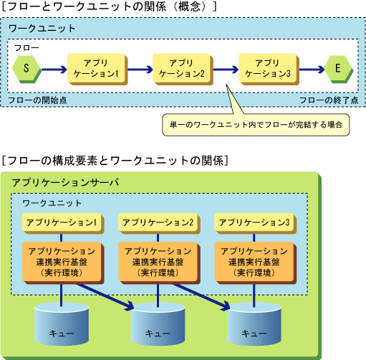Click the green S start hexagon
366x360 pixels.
click(27, 69)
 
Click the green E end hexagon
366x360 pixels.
click(339, 69)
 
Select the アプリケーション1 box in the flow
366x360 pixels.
click(97, 69)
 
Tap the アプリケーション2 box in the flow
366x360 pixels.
click(183, 69)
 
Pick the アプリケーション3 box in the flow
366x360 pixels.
click(269, 69)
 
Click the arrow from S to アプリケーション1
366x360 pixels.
click(54, 70)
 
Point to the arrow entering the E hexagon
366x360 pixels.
click(312, 70)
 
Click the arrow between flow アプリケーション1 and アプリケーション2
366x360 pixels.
click(140, 70)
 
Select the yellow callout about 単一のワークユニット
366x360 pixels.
click(256, 125)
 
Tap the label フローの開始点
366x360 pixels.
click(37, 100)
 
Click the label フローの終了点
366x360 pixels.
click(329, 100)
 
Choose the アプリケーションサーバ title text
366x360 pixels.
click(65, 183)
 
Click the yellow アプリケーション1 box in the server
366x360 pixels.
click(63, 223)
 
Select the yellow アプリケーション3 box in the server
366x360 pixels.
click(255, 223)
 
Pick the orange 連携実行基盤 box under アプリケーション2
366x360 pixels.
click(159, 262)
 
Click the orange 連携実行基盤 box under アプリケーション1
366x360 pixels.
click(63, 262)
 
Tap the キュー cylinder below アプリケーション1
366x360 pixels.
click(62, 324)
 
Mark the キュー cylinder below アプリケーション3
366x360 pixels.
click(254, 324)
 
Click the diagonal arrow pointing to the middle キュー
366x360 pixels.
click(105, 297)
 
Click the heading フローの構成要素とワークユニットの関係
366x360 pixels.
click(115, 161)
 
